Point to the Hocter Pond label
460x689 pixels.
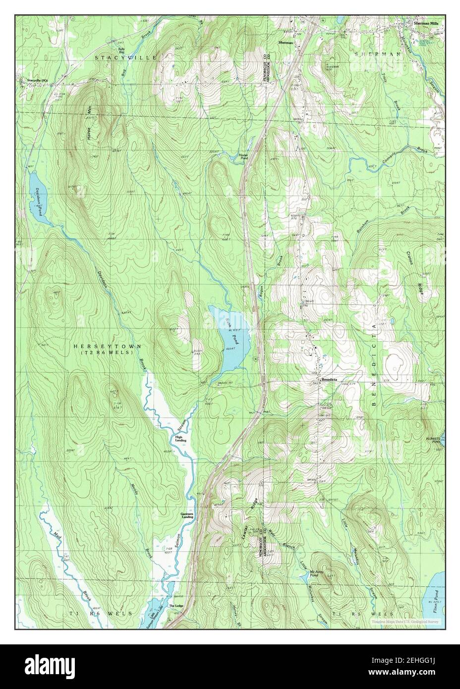(243, 157)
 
